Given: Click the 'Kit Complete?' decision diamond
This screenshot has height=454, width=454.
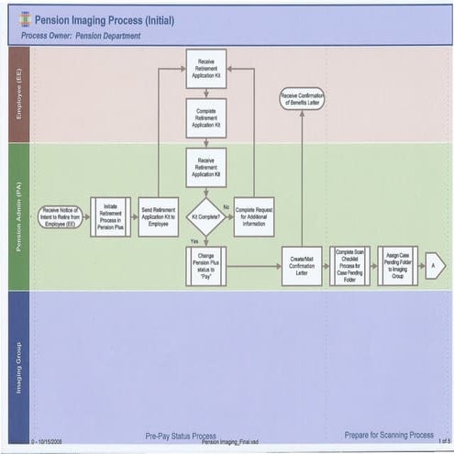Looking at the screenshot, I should (205, 217).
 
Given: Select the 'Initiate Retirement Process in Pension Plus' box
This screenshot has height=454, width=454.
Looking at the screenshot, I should (110, 217).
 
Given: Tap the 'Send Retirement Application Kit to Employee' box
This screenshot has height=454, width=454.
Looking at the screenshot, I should (159, 217).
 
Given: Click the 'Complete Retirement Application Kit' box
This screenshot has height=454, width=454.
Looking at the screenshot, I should (205, 117).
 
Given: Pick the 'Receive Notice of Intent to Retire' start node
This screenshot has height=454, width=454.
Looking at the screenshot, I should (61, 217).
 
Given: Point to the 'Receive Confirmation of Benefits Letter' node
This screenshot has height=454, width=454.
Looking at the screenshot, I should (302, 98).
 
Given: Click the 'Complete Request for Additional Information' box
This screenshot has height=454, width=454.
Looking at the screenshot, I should (254, 217).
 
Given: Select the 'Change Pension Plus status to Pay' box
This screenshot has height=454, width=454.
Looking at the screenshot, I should (205, 266).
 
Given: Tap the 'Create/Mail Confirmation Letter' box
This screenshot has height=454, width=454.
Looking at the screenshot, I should (302, 266).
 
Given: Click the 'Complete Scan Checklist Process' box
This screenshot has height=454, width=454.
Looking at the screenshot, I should (350, 266).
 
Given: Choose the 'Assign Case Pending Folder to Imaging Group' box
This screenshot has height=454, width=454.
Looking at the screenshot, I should (398, 266).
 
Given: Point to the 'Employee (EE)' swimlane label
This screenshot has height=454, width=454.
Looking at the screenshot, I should (18, 94).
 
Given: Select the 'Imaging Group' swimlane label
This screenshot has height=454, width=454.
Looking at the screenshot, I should (18, 367).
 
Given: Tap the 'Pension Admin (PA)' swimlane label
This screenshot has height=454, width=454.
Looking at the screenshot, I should (18, 216).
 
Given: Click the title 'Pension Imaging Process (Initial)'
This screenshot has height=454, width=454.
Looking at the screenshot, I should (104, 19).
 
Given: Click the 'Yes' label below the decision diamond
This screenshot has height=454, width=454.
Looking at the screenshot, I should (194, 240).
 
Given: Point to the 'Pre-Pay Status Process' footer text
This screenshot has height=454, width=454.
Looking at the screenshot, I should (181, 436).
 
